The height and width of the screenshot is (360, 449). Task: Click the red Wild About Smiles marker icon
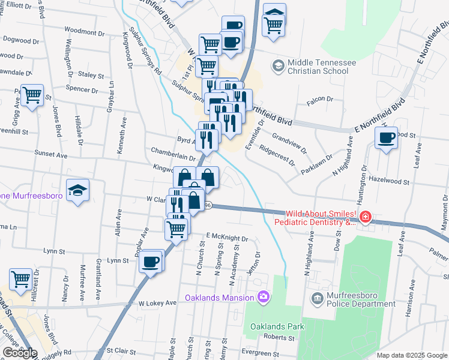tap(365, 217)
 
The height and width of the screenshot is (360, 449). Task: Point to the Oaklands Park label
tap(278, 326)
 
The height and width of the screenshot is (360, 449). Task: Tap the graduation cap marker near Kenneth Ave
tap(77, 191)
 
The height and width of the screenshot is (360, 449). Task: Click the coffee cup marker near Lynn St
tap(151, 261)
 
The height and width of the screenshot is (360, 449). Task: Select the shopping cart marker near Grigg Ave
tap(32, 95)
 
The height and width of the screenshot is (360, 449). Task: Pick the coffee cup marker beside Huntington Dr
tap(386, 138)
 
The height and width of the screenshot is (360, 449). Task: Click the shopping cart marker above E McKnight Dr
tap(176, 227)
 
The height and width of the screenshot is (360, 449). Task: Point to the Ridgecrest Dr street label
tap(278, 154)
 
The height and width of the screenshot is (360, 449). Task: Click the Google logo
tap(20, 353)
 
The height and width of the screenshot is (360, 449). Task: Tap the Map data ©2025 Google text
tap(412, 355)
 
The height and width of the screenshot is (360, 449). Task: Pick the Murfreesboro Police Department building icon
tap(317, 298)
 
